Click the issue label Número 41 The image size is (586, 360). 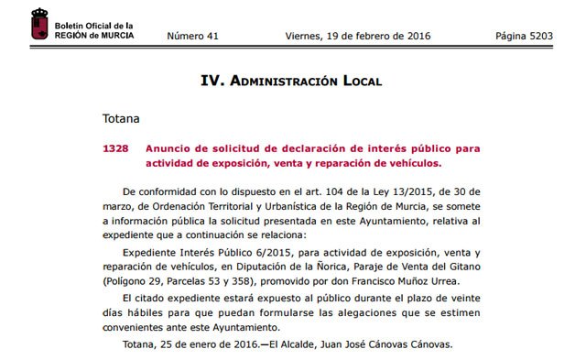193,36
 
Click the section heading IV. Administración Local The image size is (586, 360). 290,81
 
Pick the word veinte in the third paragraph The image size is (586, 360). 460,300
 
